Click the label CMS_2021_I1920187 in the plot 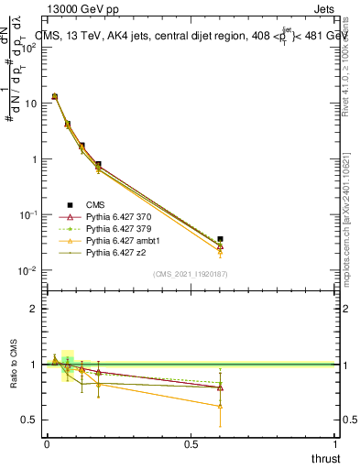(x=191, y=274)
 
